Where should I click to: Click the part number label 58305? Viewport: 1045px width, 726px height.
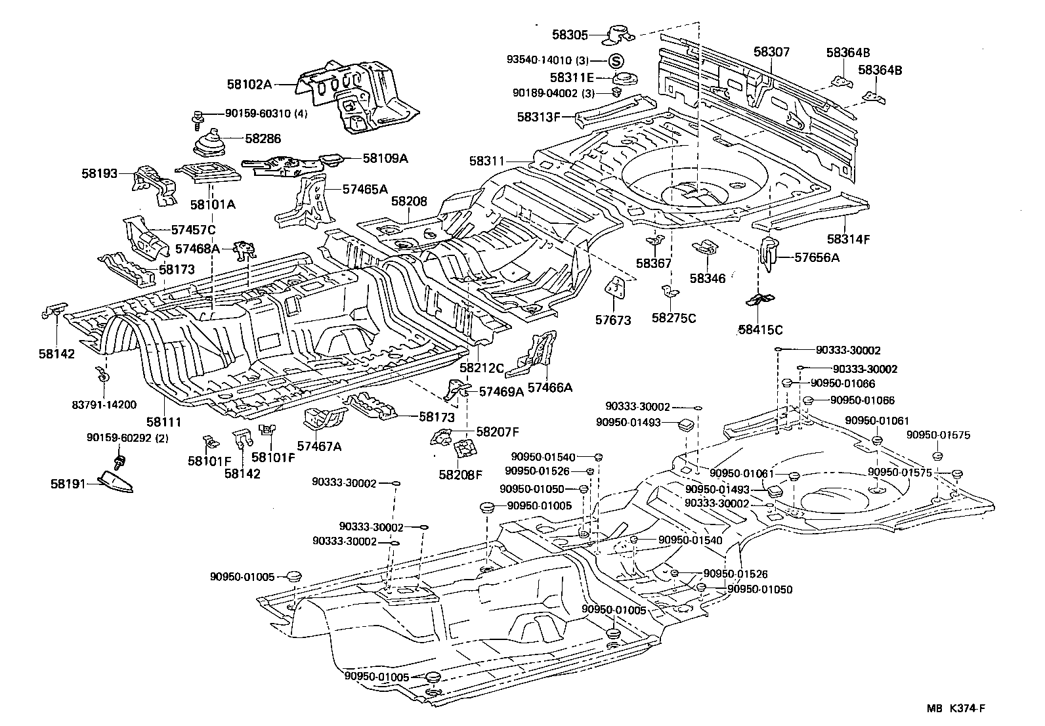[x=569, y=35]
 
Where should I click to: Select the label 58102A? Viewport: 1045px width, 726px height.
[x=249, y=84]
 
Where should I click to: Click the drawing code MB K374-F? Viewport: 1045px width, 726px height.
[x=956, y=708]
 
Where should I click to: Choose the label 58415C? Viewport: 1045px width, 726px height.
[x=760, y=330]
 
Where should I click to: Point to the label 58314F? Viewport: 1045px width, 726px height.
[x=848, y=239]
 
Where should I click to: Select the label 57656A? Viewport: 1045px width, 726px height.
[x=817, y=257]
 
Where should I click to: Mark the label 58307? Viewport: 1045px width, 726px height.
[x=771, y=53]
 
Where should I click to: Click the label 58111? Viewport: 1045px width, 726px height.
[x=163, y=422]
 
